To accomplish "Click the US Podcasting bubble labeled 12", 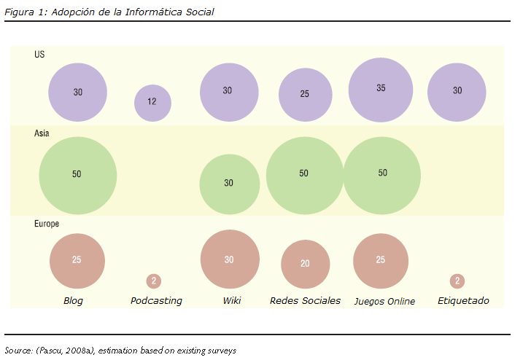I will click(152, 102).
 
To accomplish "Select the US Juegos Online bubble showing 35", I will click(381, 89).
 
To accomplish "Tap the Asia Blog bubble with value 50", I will click(77, 174).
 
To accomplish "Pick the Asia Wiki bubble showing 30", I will click(229, 183).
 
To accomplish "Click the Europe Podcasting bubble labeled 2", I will click(153, 281).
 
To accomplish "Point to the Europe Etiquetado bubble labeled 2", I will click(457, 281).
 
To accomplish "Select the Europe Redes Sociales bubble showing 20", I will click(305, 263).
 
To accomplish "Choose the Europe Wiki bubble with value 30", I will click(229, 259).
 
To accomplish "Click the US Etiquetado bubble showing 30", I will click(457, 92).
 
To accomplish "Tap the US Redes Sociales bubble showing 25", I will click(305, 95).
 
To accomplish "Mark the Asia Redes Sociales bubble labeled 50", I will click(304, 174).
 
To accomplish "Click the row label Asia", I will click(42, 134).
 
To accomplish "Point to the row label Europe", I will click(47, 224).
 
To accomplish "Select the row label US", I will click(39, 55).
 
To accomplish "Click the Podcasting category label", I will click(156, 301).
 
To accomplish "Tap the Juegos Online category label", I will click(384, 301).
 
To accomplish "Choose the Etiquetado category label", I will click(463, 301).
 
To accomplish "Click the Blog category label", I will click(74, 301).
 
